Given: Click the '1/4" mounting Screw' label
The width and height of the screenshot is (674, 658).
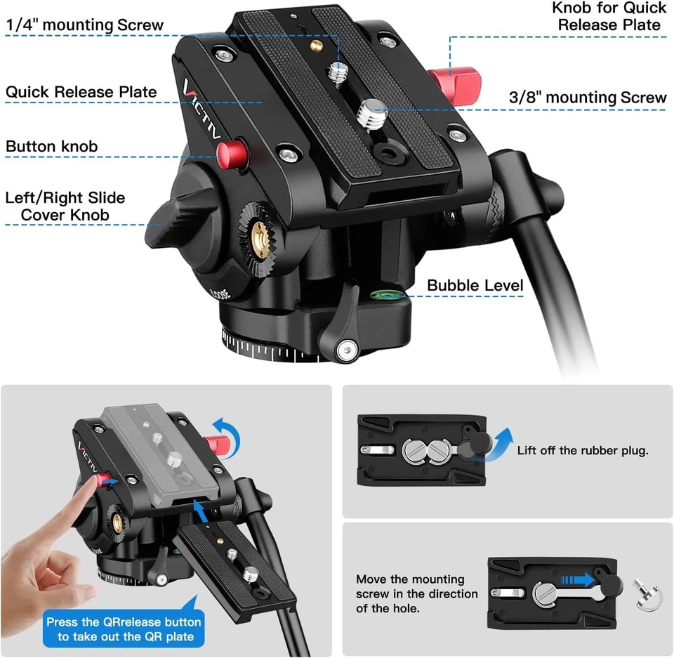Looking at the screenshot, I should point(85,25).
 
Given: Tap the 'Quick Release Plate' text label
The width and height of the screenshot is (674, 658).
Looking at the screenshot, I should point(81,92).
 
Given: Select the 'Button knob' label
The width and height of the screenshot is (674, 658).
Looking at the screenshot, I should point(52,147).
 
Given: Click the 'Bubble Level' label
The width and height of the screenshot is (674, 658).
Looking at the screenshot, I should point(475,285).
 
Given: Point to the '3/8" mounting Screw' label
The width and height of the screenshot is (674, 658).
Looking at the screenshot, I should point(587,98).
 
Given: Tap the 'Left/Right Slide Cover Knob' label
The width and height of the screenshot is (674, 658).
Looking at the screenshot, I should point(65,206).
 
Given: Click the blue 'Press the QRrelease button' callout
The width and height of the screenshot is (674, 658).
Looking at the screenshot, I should point(123,629).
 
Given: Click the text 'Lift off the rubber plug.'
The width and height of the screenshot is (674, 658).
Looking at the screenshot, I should point(583,450).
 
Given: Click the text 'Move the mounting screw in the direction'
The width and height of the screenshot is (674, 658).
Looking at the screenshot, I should point(410,586).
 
